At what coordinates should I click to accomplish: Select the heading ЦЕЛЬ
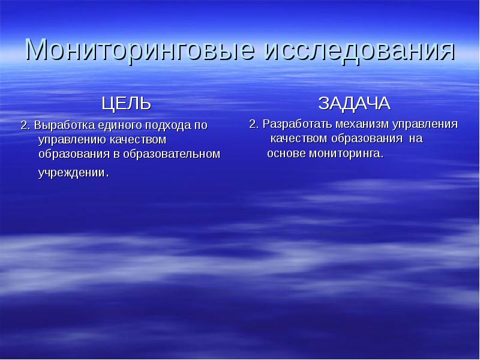(126, 104)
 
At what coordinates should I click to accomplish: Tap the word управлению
(71, 140)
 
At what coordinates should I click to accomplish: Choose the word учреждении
(72, 173)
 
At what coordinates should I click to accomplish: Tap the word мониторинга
(346, 154)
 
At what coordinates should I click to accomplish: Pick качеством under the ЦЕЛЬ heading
(136, 140)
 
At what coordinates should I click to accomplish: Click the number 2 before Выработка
(25, 125)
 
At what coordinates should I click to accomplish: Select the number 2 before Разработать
(253, 124)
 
